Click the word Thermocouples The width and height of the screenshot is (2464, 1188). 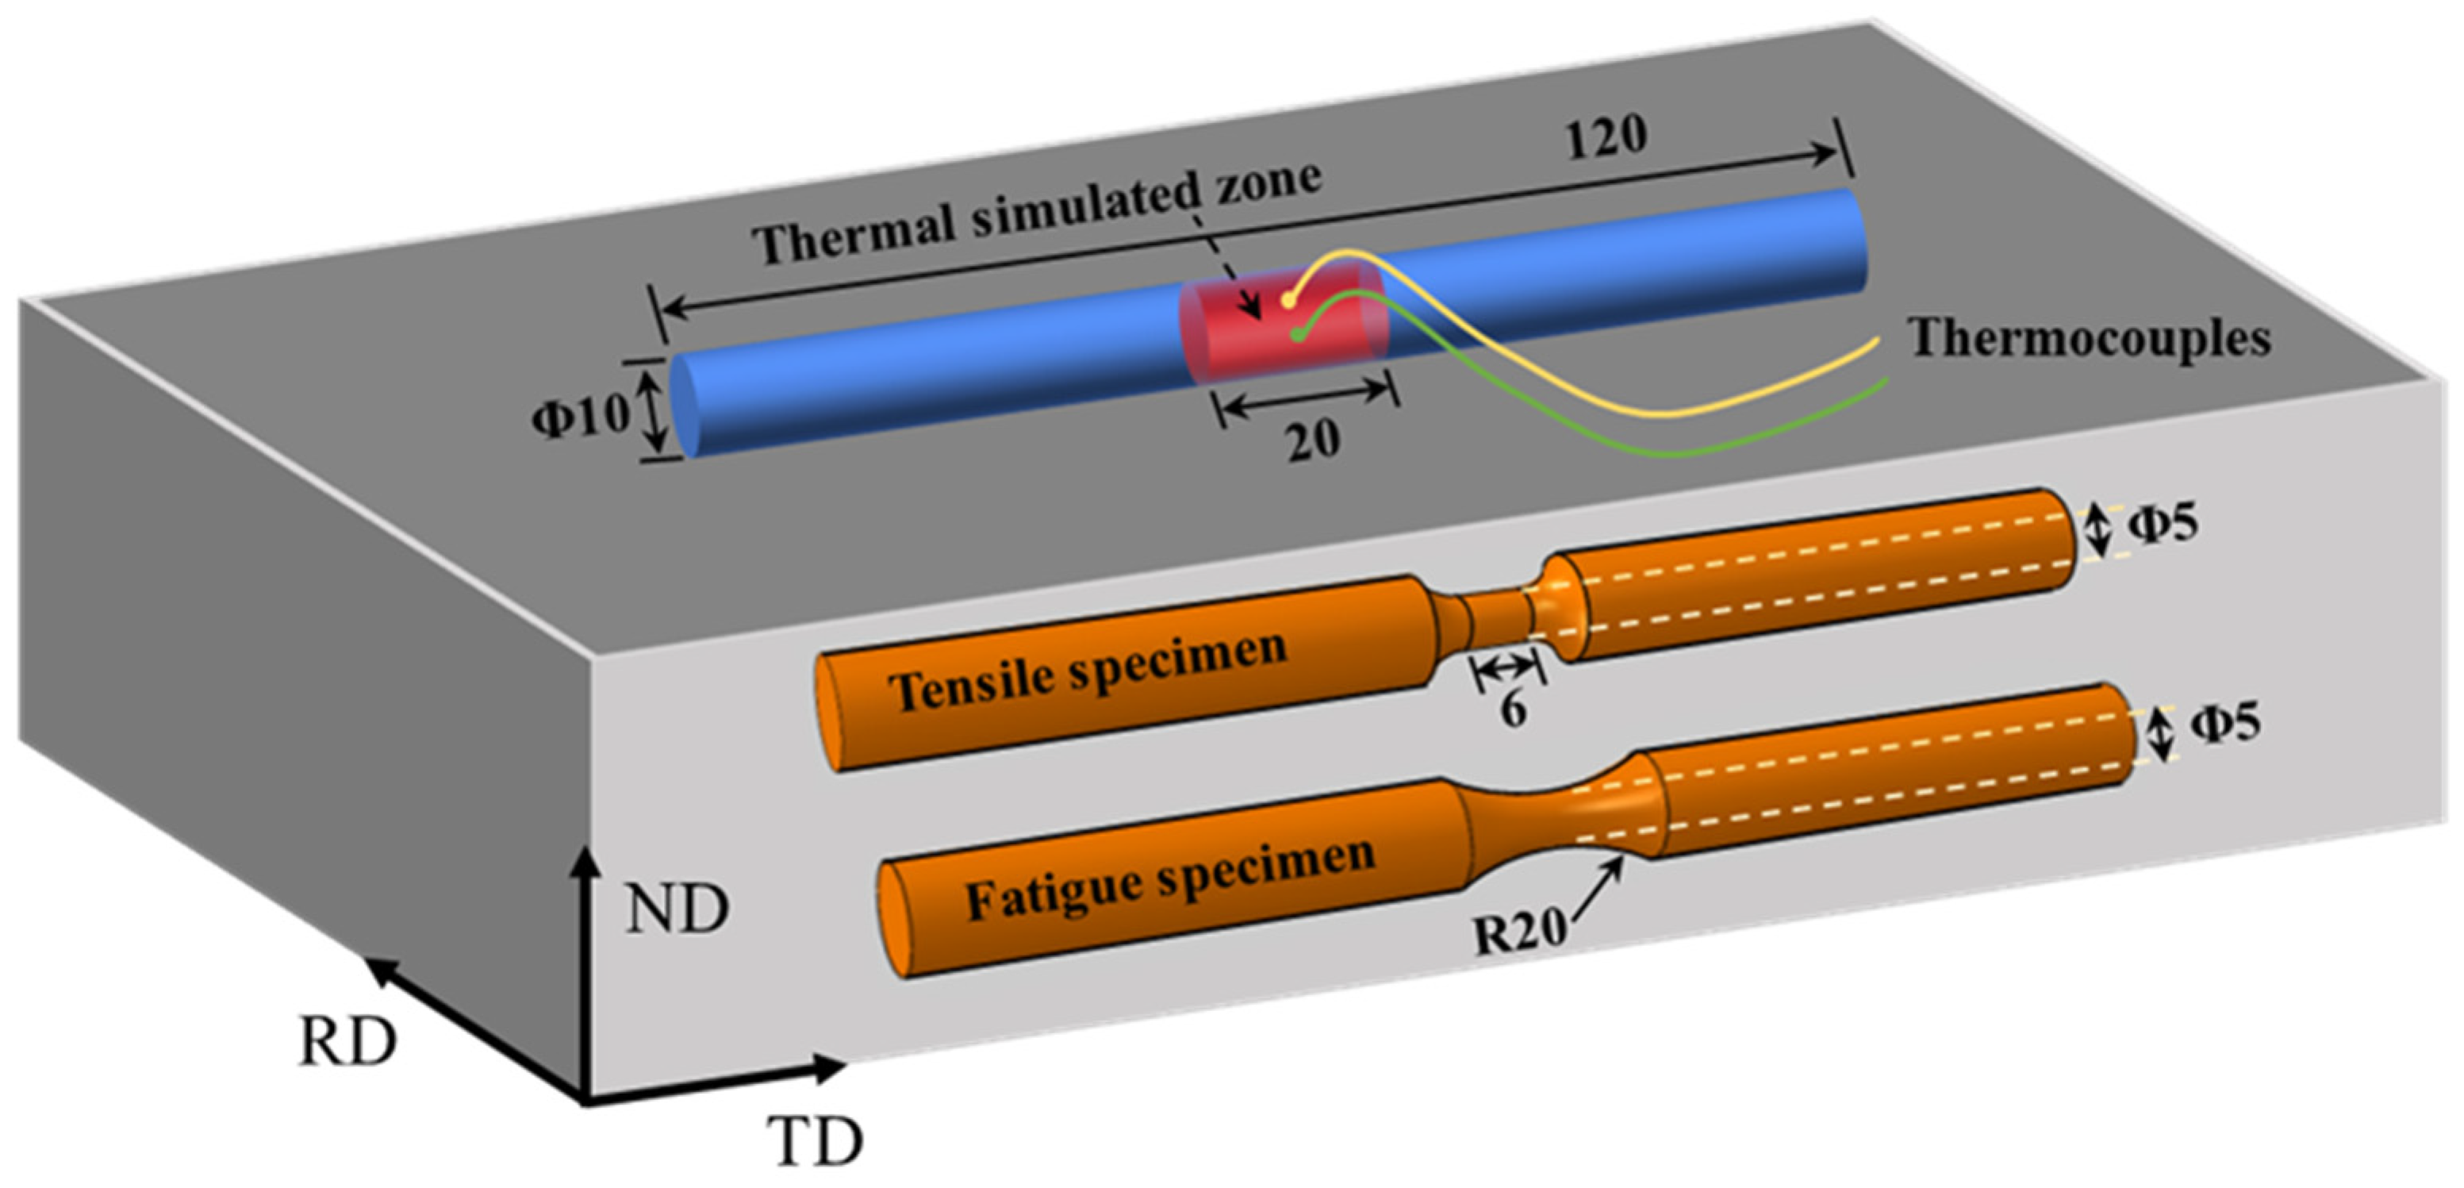[x=2090, y=339]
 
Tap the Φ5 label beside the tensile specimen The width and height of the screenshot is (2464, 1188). [x=2163, y=525]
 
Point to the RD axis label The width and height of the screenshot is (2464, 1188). [x=346, y=1043]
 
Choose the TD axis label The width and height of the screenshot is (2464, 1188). [x=814, y=1140]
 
